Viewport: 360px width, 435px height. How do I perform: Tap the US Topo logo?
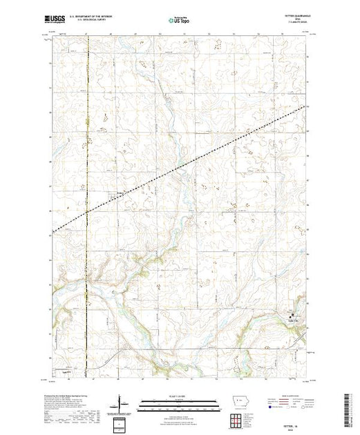pyautogui.click(x=180, y=21)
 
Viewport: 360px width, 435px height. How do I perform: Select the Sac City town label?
pyautogui.click(x=293, y=318)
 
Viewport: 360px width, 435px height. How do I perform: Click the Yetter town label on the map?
pyautogui.click(x=122, y=193)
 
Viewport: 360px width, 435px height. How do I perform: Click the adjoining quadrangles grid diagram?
pyautogui.click(x=236, y=419)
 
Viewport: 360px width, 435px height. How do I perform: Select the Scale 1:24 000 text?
pyautogui.click(x=180, y=396)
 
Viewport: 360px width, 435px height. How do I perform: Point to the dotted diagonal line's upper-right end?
pyautogui.click(x=307, y=106)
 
